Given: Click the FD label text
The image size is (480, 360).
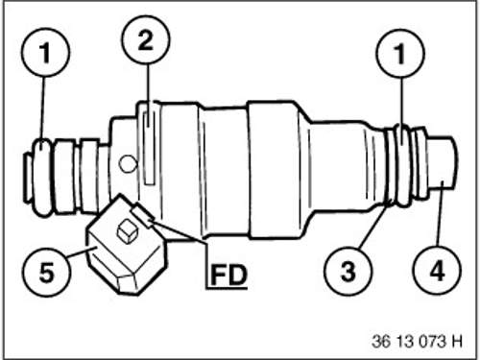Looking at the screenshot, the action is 228,275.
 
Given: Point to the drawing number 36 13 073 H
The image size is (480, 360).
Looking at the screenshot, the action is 417,341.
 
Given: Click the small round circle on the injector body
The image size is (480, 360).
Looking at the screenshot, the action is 128,163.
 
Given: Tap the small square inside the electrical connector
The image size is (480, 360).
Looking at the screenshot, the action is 128,230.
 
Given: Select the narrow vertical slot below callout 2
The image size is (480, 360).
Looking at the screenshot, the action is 149,148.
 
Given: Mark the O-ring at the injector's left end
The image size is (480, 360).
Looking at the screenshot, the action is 42,178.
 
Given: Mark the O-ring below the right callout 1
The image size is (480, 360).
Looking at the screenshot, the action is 403,164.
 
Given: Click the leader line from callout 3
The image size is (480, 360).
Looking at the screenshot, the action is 375,224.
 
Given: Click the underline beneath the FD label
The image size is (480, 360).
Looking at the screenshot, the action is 227,289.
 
